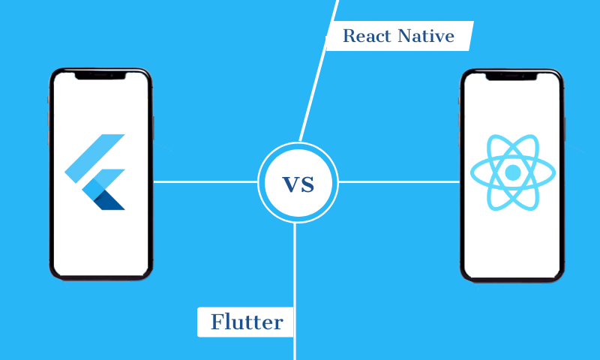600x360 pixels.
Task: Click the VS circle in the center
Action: pyautogui.click(x=298, y=181)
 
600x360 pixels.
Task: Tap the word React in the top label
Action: pyautogui.click(x=365, y=35)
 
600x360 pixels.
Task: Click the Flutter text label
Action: pyautogui.click(x=246, y=322)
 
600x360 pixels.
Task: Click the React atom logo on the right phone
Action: pyautogui.click(x=513, y=172)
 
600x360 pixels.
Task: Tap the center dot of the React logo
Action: pyautogui.click(x=513, y=172)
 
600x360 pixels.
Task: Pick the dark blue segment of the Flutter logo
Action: pyautogui.click(x=112, y=200)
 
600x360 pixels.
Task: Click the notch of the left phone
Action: pyautogui.click(x=100, y=74)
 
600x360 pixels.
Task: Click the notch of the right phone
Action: pyautogui.click(x=511, y=74)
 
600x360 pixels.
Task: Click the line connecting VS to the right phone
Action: pyautogui.click(x=397, y=181)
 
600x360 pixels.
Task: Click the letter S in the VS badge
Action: pyautogui.click(x=307, y=183)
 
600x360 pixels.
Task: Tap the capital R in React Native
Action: pyautogui.click(x=349, y=35)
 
